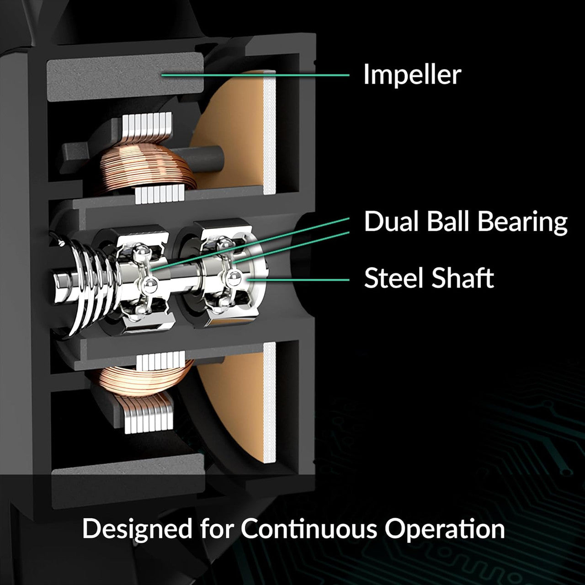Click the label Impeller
click(x=412, y=74)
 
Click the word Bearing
click(x=522, y=223)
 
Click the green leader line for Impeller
click(x=255, y=74)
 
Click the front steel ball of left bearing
click(x=149, y=285)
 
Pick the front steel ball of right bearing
click(x=233, y=278)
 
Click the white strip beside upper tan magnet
click(x=270, y=133)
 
